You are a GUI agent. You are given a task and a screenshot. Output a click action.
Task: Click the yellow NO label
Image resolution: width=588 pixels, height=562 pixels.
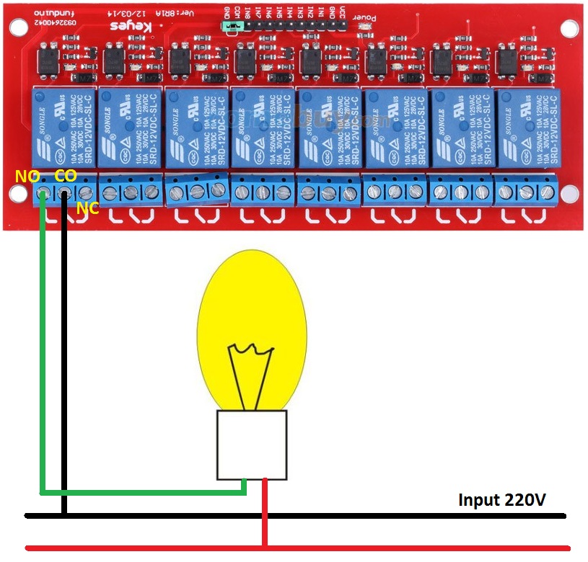tap(26, 176)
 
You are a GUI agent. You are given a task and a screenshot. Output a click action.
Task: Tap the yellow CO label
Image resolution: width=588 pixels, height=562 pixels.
tap(65, 176)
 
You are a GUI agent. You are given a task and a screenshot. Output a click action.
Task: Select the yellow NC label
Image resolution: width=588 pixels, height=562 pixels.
tap(87, 210)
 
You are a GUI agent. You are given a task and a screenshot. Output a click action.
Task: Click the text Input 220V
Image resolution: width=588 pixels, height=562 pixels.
tap(502, 500)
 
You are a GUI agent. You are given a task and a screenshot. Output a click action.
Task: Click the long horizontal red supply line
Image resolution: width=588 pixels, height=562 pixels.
tap(361, 548)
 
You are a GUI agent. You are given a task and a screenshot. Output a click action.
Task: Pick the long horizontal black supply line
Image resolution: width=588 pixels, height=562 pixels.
tap(361, 516)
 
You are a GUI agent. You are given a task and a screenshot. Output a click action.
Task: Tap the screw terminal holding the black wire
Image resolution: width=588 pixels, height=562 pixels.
tap(64, 193)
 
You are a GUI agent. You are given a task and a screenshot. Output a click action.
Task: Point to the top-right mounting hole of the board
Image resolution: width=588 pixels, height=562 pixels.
tap(569, 29)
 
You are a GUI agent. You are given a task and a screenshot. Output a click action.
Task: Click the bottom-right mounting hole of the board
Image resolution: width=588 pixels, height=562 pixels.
tap(569, 194)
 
